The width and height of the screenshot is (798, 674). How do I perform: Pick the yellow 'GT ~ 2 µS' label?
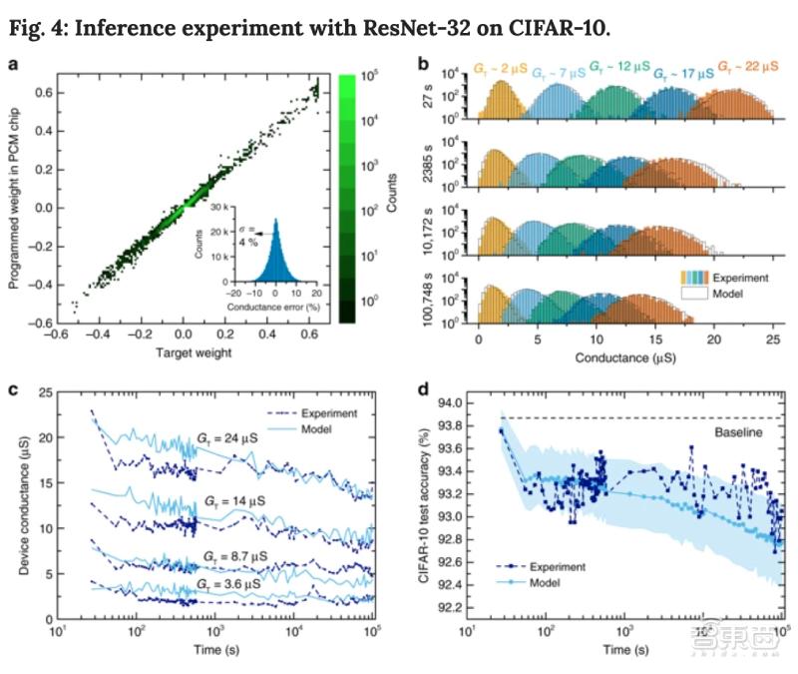pos(501,71)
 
